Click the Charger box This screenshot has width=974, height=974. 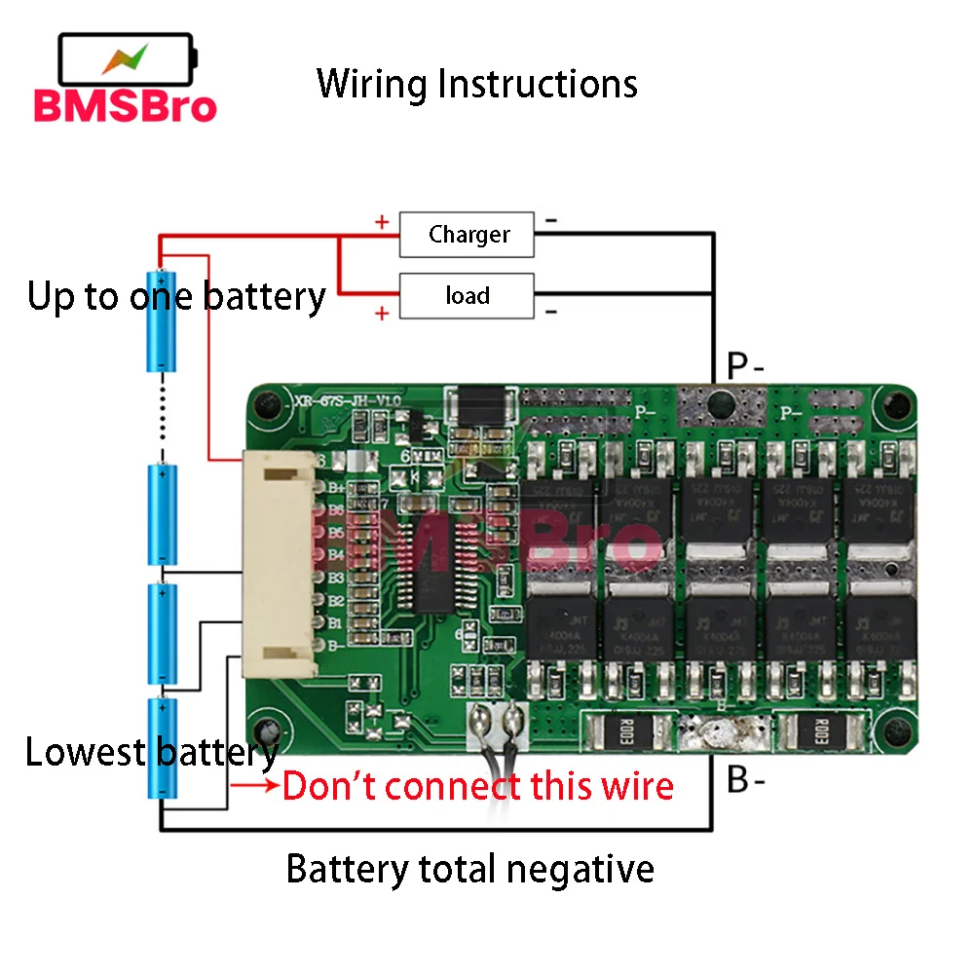click(467, 235)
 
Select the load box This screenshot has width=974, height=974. click(467, 296)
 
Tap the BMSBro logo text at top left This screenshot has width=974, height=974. click(125, 105)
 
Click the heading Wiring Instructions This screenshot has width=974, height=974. click(477, 84)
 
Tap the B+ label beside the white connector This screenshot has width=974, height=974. click(336, 487)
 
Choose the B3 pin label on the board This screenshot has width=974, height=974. click(336, 577)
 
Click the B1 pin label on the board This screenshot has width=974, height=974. click(336, 621)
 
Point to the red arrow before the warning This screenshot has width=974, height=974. click(254, 784)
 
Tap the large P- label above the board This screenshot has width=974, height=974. click(745, 367)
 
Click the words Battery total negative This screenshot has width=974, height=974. click(469, 868)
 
